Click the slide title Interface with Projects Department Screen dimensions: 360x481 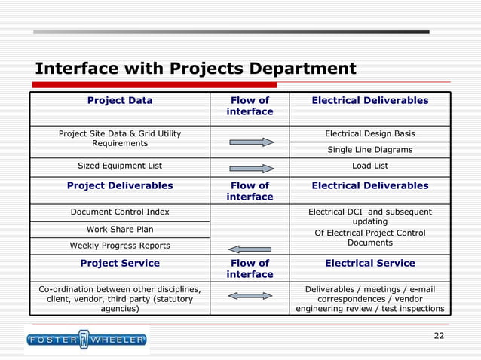tap(195, 69)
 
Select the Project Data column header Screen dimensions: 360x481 tap(120, 100)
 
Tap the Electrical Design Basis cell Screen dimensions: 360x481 tap(369, 133)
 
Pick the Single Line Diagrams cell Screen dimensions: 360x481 tap(369, 150)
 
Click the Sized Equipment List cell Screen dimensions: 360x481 tap(120, 166)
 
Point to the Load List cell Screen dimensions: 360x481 tap(369, 166)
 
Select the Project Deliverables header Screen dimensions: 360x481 tap(120, 185)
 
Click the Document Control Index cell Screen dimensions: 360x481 tap(120, 212)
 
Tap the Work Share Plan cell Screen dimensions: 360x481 tap(120, 229)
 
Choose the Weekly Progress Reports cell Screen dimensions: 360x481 tap(120, 246)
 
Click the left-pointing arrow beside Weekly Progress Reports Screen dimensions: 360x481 tap(250, 249)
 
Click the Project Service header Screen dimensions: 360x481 tap(120, 263)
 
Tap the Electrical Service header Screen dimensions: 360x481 tap(369, 263)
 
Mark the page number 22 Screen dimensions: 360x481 tap(439, 335)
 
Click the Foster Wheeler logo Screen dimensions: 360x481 tap(86, 340)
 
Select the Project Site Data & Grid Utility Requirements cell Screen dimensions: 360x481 tap(120, 138)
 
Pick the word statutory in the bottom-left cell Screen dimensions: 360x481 tap(168, 299)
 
